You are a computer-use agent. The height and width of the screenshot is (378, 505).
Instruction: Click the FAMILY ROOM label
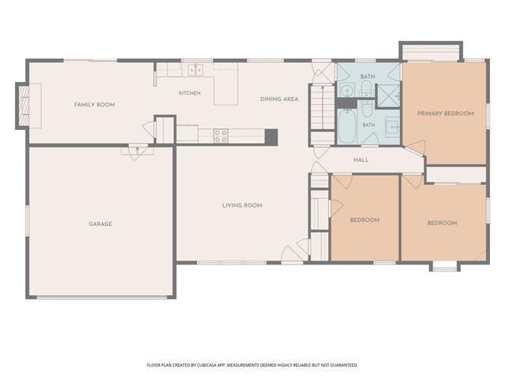click(x=95, y=105)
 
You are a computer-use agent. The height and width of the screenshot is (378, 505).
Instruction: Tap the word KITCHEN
click(x=189, y=93)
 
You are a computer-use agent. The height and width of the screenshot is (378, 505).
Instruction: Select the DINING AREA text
click(x=279, y=99)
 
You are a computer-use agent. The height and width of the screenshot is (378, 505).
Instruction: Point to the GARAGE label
click(x=100, y=224)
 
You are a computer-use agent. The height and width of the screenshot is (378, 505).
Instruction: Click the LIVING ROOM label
click(x=242, y=205)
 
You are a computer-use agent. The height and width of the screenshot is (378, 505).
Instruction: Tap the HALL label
click(x=361, y=160)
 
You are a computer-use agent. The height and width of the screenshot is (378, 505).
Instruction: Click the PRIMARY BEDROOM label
click(x=445, y=113)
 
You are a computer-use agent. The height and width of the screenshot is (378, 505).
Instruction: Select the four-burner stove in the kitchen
click(x=221, y=135)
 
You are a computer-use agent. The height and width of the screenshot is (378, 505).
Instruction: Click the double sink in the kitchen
click(x=196, y=70)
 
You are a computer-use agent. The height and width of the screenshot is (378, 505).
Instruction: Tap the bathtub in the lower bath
click(x=347, y=127)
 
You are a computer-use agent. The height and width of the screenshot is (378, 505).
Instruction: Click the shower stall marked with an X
click(x=388, y=95)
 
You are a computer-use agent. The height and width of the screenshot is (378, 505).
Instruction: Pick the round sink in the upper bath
click(x=347, y=91)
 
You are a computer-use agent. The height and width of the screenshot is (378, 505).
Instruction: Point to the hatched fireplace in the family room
click(x=24, y=106)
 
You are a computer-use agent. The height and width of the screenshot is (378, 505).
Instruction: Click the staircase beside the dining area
click(x=323, y=107)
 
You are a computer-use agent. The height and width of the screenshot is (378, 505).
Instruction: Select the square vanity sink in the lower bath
click(x=392, y=128)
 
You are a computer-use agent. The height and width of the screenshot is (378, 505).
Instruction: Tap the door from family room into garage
click(x=137, y=151)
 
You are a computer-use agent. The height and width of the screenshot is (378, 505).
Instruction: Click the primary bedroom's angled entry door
click(x=416, y=149)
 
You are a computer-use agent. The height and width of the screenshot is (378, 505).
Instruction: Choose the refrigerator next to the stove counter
click(x=188, y=134)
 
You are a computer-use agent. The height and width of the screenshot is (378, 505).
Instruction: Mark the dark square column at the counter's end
click(x=271, y=137)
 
